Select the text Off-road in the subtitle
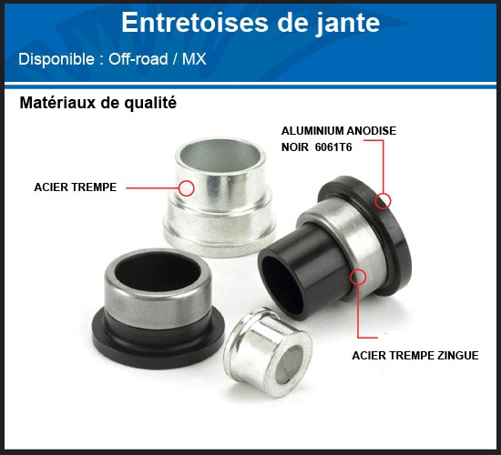pos(138,59)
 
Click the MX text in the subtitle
pos(194,59)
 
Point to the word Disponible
pos(56,59)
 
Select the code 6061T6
pos(333,147)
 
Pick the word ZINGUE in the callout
pos(458,356)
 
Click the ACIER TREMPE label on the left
pos(76,187)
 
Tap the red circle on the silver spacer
pos(186,188)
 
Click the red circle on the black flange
pos(383,201)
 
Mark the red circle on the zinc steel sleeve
pos(358,277)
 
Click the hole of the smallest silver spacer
pos(289,365)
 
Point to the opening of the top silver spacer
pos(220,155)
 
